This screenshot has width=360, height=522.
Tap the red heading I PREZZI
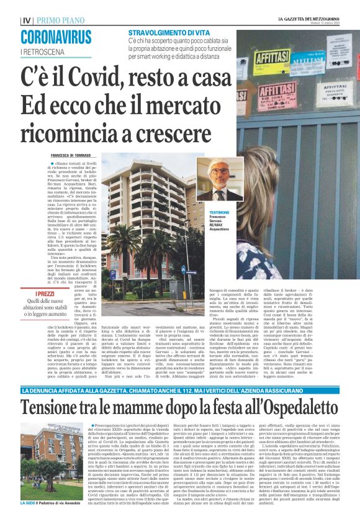point(45,294)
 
